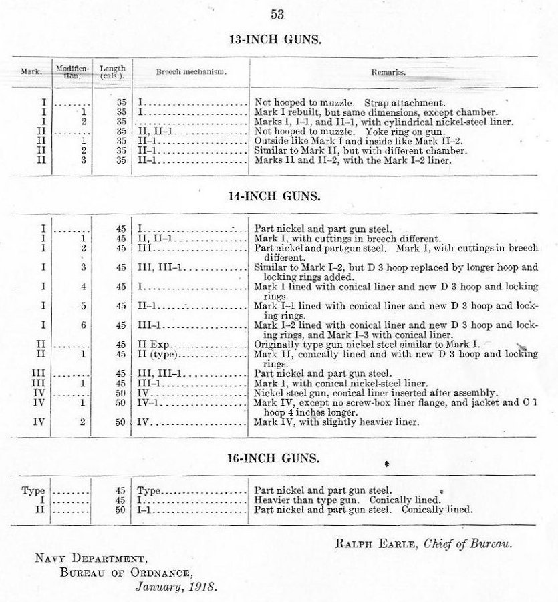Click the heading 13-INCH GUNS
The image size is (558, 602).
click(x=276, y=39)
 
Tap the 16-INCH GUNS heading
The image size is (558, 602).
click(x=276, y=459)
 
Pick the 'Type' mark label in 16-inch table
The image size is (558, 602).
click(x=33, y=491)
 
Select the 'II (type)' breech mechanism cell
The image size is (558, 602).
click(x=156, y=355)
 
